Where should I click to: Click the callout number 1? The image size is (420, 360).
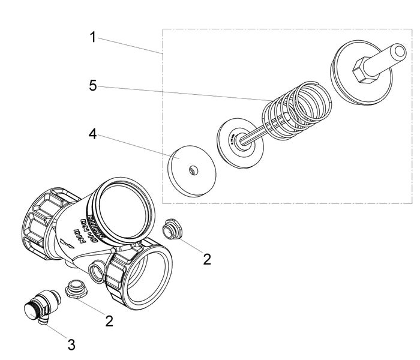[x=92, y=37]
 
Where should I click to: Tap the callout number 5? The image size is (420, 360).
[x=92, y=85]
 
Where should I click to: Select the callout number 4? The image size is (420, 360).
[x=92, y=133]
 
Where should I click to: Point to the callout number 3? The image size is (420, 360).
[x=71, y=345]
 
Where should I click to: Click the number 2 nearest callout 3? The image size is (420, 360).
[x=109, y=320]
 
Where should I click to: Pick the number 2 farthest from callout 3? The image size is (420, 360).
[x=207, y=259]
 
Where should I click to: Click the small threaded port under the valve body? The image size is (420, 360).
[x=97, y=273]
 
